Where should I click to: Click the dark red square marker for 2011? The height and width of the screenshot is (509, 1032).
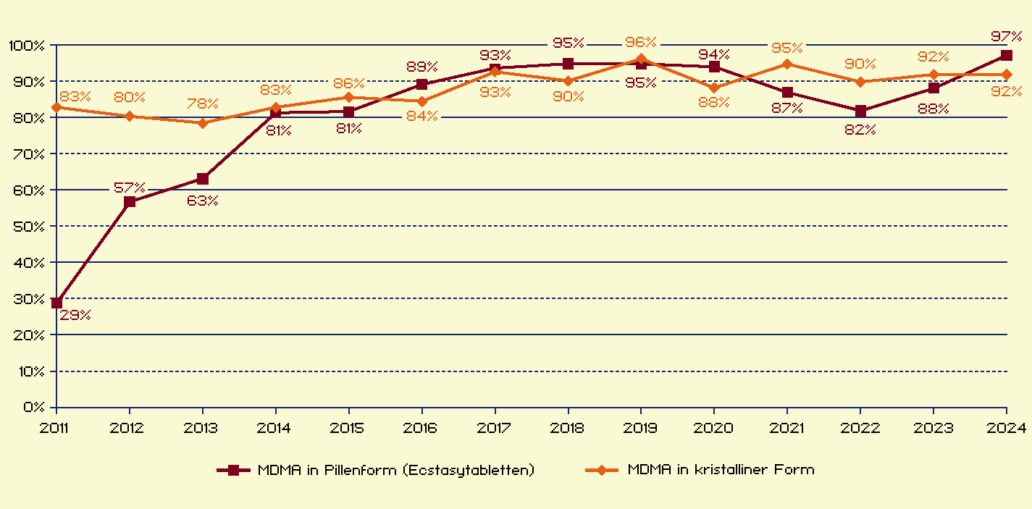pyautogui.click(x=56, y=303)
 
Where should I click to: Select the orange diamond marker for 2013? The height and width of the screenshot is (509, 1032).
pyautogui.click(x=203, y=123)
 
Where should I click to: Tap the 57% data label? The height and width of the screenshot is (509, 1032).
pyautogui.click(x=130, y=188)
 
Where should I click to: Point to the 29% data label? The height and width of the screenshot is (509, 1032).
pyautogui.click(x=75, y=315)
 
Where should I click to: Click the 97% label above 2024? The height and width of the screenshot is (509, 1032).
pyautogui.click(x=1006, y=37)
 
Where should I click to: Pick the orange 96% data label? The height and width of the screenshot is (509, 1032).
pyautogui.click(x=641, y=43)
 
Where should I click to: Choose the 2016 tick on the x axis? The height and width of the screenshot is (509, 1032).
pyautogui.click(x=421, y=428)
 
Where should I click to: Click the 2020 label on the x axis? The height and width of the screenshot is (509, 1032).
pyautogui.click(x=714, y=428)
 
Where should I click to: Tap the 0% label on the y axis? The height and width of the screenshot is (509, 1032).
pyautogui.click(x=33, y=408)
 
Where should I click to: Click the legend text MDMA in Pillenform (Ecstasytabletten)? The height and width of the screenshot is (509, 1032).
pyautogui.click(x=396, y=470)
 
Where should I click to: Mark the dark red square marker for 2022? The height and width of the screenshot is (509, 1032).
pyautogui.click(x=860, y=111)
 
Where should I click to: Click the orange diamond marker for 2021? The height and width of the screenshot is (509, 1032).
pyautogui.click(x=787, y=64)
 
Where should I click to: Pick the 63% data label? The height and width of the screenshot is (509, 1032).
pyautogui.click(x=203, y=201)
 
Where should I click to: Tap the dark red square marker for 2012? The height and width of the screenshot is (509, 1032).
pyautogui.click(x=130, y=202)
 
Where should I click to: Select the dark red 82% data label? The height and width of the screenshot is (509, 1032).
pyautogui.click(x=860, y=130)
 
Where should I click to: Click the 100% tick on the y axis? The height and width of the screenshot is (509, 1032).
pyautogui.click(x=26, y=46)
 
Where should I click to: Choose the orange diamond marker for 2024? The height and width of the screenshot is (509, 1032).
pyautogui.click(x=1006, y=75)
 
